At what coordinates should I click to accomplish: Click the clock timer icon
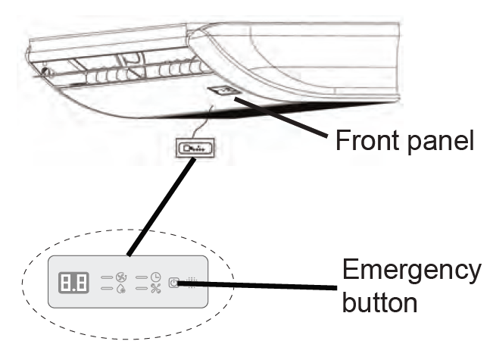coord(154,277)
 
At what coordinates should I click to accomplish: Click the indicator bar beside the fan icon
coord(106,277)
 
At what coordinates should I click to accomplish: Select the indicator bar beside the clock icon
coord(142,277)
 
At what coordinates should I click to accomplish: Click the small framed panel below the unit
coord(192,147)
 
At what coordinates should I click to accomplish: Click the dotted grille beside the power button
coord(191,282)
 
